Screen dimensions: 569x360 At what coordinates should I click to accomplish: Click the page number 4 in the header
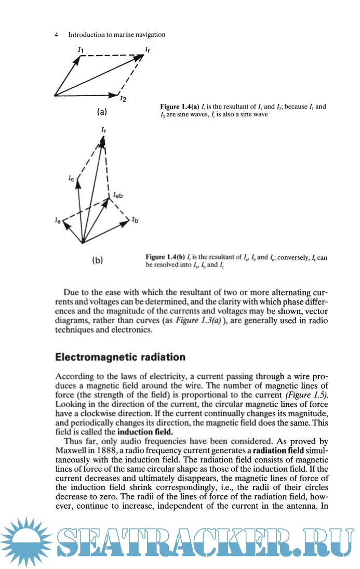tap(56, 35)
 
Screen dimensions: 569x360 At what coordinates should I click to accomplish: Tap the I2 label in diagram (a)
tap(123, 98)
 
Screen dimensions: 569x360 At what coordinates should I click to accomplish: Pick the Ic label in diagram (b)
tap(72, 179)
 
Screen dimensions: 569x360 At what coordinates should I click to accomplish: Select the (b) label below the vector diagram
tap(97, 261)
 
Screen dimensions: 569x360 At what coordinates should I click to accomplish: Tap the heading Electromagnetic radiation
tap(121, 357)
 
